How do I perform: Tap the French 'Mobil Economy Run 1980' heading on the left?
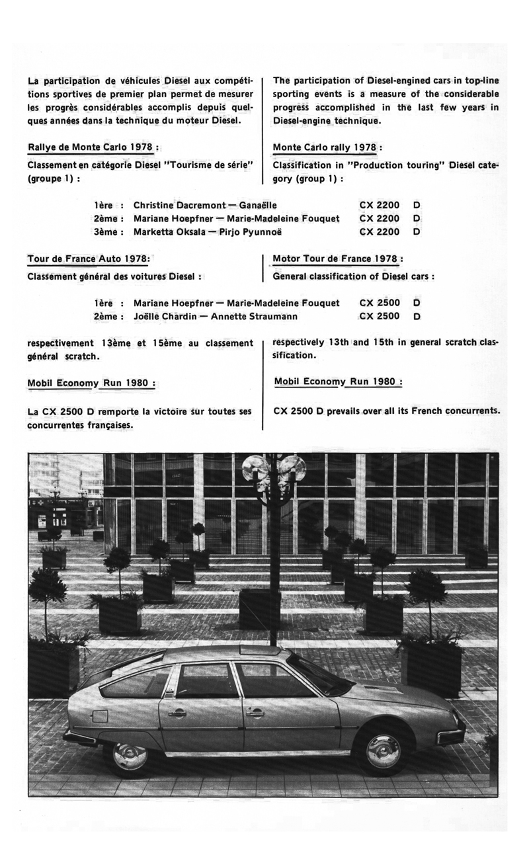tap(91, 383)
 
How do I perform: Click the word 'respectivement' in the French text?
tap(60, 343)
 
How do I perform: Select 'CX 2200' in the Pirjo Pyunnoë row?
tap(380, 232)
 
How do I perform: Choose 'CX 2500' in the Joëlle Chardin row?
tap(380, 316)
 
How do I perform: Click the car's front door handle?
tap(255, 713)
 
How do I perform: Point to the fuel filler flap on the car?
tap(99, 715)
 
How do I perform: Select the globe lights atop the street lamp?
tap(273, 469)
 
